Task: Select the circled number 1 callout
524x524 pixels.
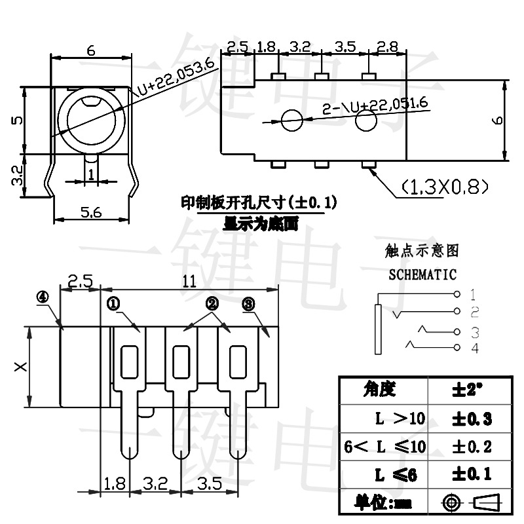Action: pyautogui.click(x=113, y=303)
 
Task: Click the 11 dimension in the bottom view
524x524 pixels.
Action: pyautogui.click(x=189, y=281)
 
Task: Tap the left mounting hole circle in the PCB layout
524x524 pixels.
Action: pyautogui.click(x=292, y=119)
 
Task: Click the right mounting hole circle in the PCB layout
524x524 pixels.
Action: pyautogui.click(x=367, y=120)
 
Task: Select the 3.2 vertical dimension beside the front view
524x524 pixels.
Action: pyautogui.click(x=18, y=176)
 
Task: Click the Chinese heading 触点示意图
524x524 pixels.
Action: pyautogui.click(x=422, y=250)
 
